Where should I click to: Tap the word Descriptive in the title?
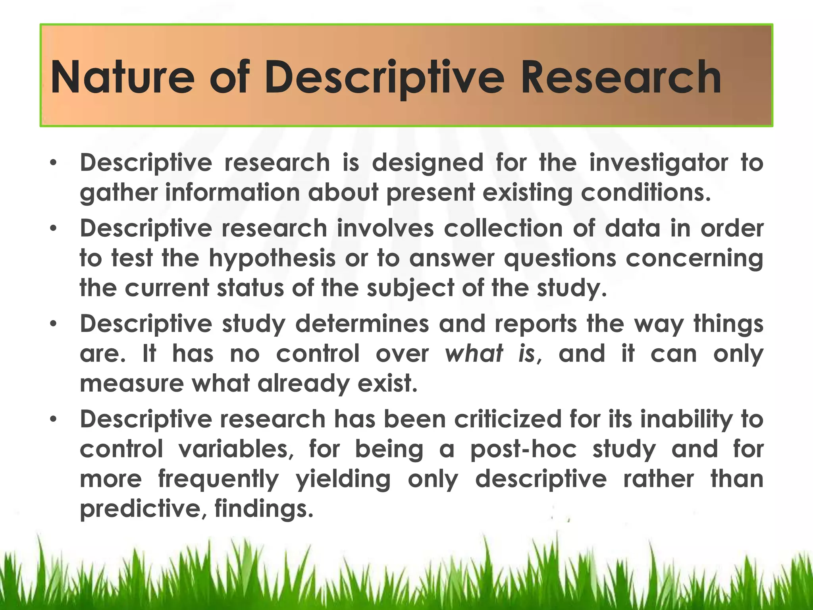[384, 77]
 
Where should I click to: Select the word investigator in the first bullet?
[658, 163]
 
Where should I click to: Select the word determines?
[362, 324]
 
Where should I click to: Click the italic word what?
[474, 353]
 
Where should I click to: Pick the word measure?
[131, 384]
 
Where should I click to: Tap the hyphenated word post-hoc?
[523, 450]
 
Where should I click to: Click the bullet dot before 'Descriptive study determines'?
[54, 324]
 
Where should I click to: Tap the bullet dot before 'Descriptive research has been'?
[54, 419]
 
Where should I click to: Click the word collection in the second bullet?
[503, 229]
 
